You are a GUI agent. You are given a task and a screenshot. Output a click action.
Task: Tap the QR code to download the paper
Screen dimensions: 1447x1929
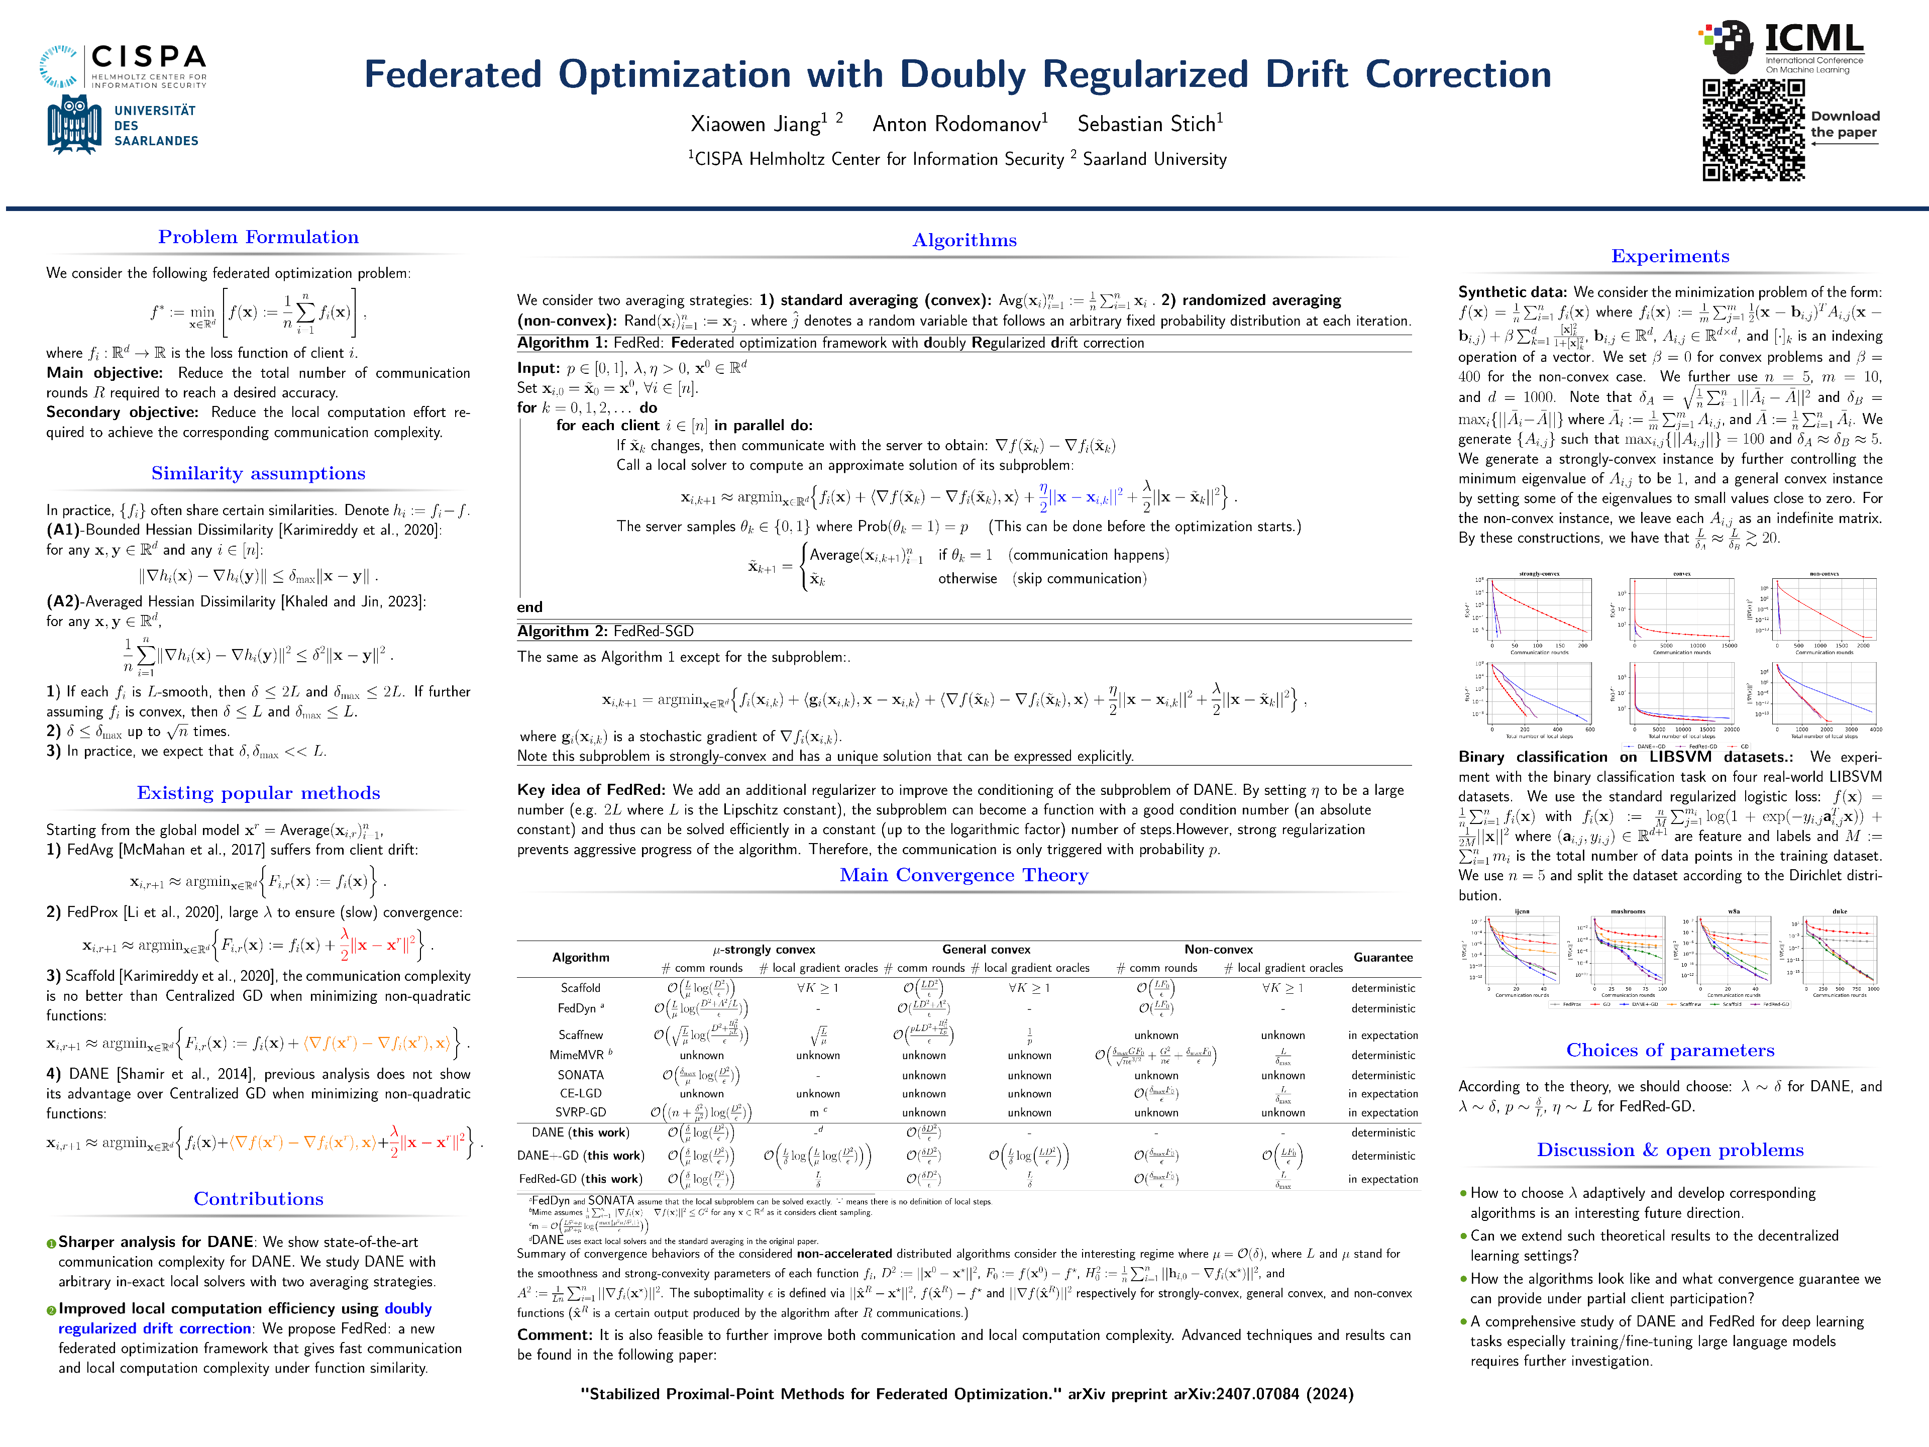(x=1753, y=130)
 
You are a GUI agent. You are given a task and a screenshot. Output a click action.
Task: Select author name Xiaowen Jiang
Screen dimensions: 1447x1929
(x=755, y=124)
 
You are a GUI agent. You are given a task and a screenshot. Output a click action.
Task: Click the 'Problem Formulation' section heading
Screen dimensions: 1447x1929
(x=258, y=237)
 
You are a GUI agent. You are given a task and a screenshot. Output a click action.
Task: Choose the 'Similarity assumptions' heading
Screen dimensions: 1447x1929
(x=258, y=474)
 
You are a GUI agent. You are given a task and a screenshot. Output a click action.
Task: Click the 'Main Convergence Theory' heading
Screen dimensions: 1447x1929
(x=963, y=875)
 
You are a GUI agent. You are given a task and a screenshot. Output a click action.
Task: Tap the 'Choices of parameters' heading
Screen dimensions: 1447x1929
(x=1669, y=1050)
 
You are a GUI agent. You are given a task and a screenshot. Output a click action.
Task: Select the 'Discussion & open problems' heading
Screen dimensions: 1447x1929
(x=1669, y=1150)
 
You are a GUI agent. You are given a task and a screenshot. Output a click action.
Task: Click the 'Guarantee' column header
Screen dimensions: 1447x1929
(x=1382, y=958)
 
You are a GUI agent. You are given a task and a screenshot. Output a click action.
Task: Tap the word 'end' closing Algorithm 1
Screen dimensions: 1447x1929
(x=529, y=607)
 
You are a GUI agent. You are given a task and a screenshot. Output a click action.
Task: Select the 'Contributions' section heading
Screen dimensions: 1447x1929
(x=258, y=1199)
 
